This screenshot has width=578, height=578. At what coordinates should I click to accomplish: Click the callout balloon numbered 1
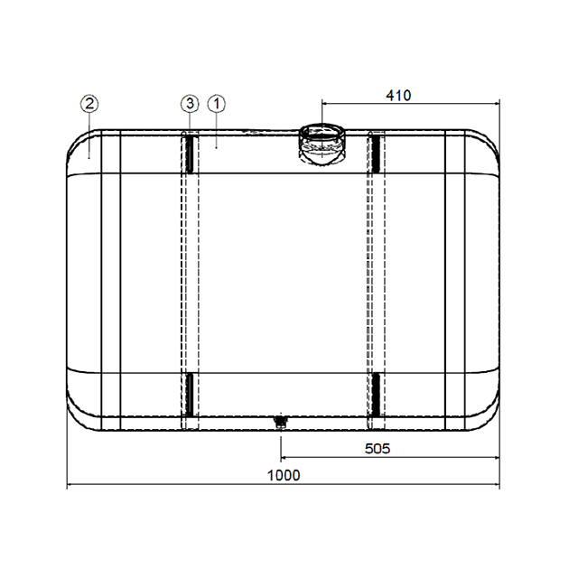(x=217, y=104)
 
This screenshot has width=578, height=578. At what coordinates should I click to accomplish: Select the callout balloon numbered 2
(x=89, y=104)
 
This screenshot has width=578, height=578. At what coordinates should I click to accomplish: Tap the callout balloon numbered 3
(x=190, y=104)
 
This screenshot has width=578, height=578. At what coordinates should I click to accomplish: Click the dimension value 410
(x=398, y=95)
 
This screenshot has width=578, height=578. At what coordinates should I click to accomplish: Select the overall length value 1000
(x=284, y=476)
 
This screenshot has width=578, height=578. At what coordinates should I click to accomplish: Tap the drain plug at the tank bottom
(x=280, y=421)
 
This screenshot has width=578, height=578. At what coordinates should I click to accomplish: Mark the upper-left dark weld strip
(x=190, y=154)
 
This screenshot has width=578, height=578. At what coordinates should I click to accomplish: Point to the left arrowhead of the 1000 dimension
(x=71, y=486)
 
